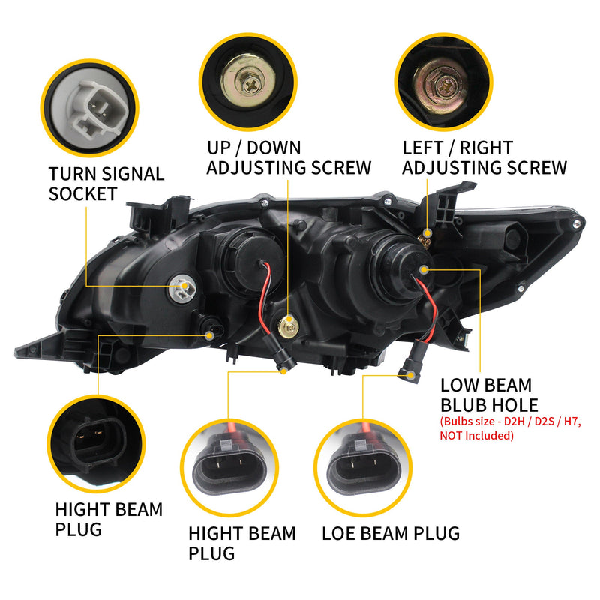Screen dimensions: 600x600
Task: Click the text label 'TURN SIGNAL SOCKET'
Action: (106, 184)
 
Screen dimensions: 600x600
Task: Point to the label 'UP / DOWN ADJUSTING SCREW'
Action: (288, 157)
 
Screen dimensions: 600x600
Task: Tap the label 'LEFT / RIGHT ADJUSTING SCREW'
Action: (484, 157)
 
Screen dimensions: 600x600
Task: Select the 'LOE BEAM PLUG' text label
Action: (390, 534)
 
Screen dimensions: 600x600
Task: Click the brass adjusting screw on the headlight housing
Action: (286, 325)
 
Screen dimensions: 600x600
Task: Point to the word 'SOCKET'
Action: (82, 193)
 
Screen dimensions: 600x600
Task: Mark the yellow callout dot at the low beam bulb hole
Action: (425, 268)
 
